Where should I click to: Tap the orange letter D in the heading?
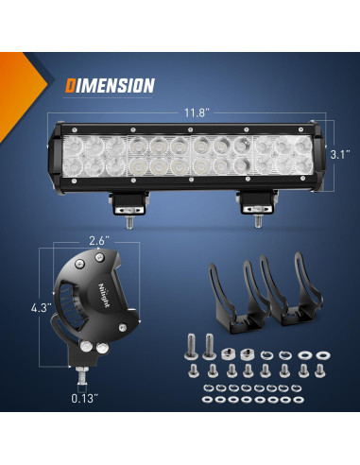click(71, 86)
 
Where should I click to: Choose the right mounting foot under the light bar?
click(256, 202)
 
